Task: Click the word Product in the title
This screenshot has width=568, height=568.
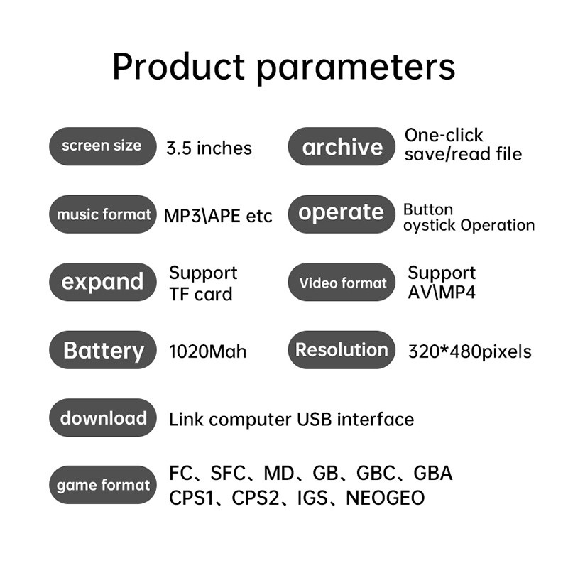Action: coord(179,66)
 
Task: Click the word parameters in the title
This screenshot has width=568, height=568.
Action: coord(356,69)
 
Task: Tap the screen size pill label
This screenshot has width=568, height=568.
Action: coord(102,146)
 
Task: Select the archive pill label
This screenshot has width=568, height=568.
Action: coord(342,146)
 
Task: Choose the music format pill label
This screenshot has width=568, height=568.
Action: coord(102,214)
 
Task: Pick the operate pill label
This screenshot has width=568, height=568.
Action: coord(342,214)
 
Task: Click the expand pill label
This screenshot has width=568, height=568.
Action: coord(102,282)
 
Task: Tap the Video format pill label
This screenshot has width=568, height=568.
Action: coord(342,282)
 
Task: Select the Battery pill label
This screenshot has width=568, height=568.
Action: coord(102,350)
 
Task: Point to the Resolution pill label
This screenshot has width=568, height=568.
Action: coord(342,350)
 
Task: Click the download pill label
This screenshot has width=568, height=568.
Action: coord(102,417)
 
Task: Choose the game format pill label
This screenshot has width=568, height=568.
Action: coord(102,485)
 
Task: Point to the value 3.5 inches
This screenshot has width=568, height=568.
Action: coord(209,148)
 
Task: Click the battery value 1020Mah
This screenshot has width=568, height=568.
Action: coord(207,351)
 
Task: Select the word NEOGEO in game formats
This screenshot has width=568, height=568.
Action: coord(386,498)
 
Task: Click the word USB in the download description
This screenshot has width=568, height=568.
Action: coord(314,419)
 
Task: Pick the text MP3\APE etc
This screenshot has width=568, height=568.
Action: coord(218,217)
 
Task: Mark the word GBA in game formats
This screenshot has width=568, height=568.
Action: coord(433,473)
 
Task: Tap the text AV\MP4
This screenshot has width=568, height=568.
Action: coord(442,293)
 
